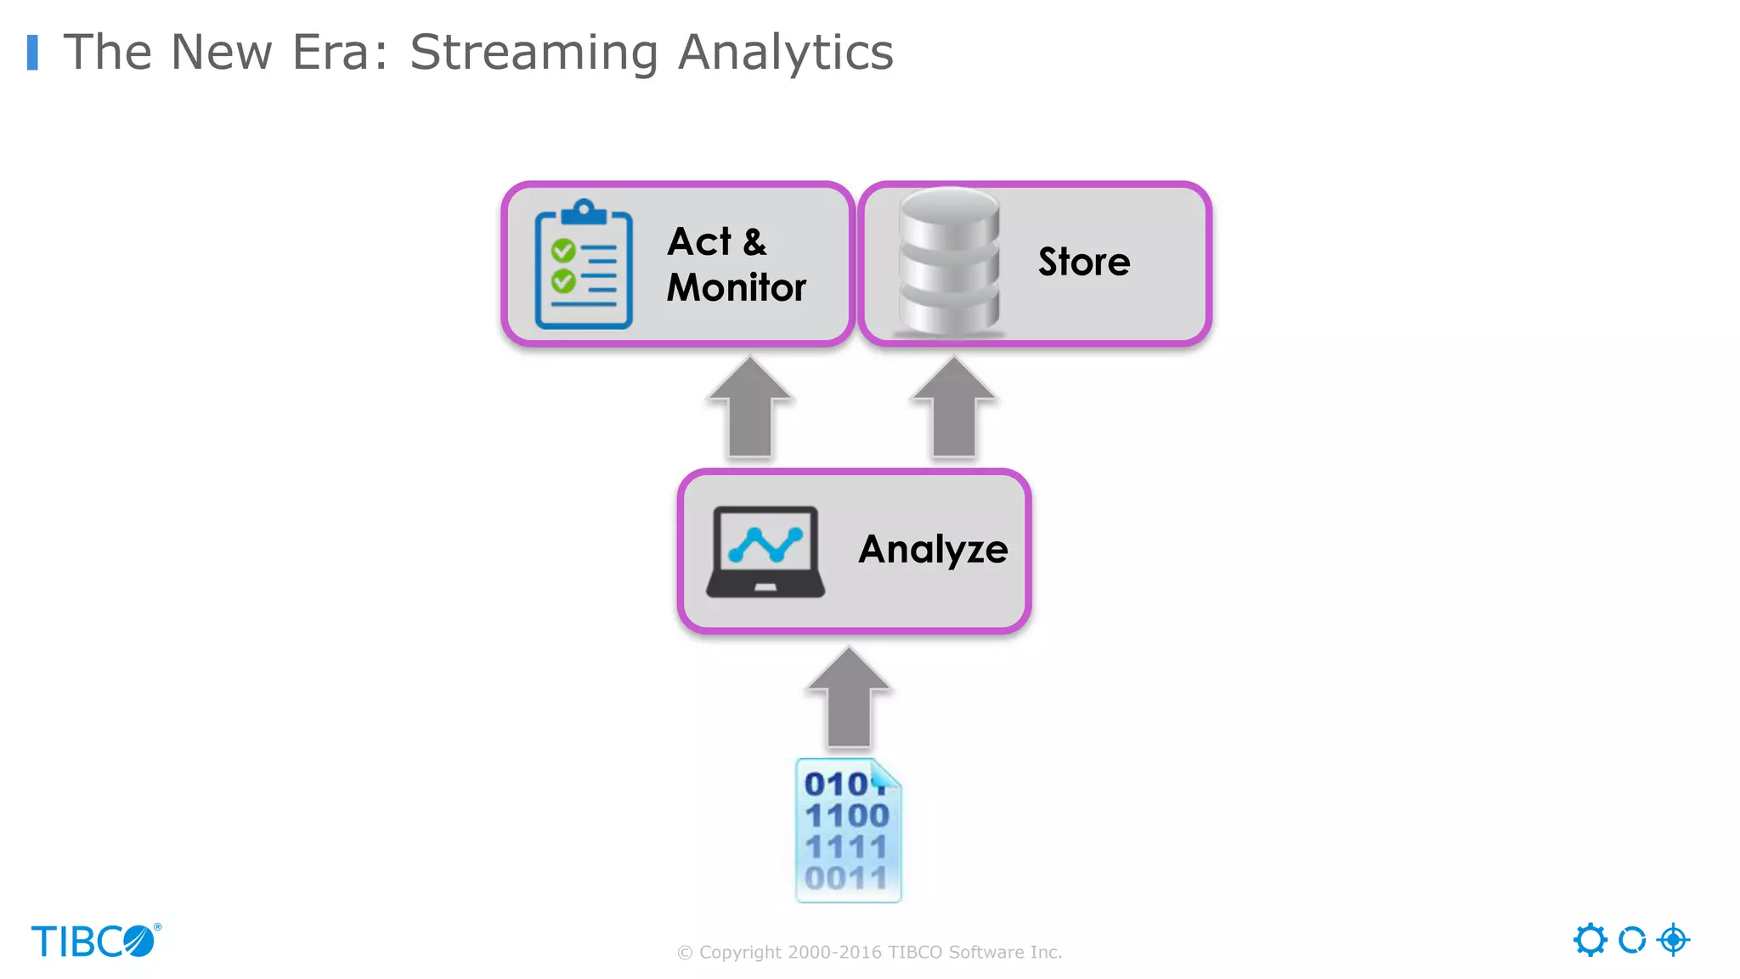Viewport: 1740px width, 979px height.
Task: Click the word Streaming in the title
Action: (534, 53)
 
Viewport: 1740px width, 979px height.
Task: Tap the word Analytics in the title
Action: (785, 53)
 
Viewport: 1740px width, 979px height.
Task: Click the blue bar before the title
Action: (32, 52)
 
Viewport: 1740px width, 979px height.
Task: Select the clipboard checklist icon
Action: (584, 264)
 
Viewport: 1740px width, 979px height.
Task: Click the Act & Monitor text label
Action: (736, 264)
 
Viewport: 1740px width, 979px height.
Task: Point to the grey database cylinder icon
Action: (949, 262)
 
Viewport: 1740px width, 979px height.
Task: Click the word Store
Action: (1084, 262)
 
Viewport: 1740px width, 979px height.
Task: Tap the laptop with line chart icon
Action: (765, 552)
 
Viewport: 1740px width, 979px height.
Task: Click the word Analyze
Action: (933, 549)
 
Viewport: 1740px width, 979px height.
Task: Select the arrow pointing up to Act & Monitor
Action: (750, 408)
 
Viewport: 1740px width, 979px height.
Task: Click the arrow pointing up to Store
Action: (953, 408)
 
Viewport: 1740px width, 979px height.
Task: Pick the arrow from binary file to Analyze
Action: (848, 699)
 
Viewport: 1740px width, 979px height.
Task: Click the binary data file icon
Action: (848, 830)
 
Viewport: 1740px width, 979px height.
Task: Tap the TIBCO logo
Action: (95, 941)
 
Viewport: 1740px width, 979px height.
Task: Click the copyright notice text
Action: (869, 952)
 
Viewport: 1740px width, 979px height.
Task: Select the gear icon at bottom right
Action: (1590, 940)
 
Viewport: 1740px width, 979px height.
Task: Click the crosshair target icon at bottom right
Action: (1673, 940)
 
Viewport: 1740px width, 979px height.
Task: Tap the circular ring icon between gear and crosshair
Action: (1631, 940)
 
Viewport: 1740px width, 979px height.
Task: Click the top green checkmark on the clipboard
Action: (563, 251)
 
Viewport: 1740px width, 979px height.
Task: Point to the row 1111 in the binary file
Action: (846, 846)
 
